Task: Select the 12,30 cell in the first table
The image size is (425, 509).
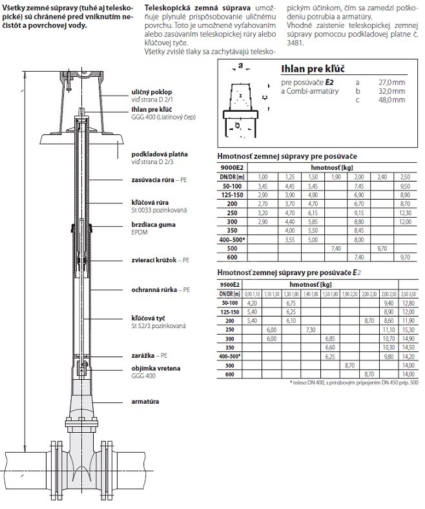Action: pos(405,212)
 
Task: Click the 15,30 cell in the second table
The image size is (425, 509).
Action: pos(408,329)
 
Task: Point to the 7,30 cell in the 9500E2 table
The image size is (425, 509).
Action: pos(310,329)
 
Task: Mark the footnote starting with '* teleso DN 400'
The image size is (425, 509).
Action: pos(354,382)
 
